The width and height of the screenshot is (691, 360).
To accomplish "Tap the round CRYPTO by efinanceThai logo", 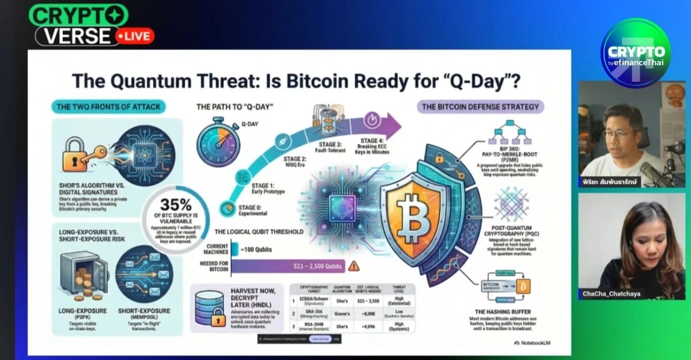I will pos(636,53).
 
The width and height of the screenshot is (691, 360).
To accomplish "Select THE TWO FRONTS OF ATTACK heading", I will pos(108,106).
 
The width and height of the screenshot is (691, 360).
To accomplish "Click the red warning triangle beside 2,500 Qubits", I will pos(354,266).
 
